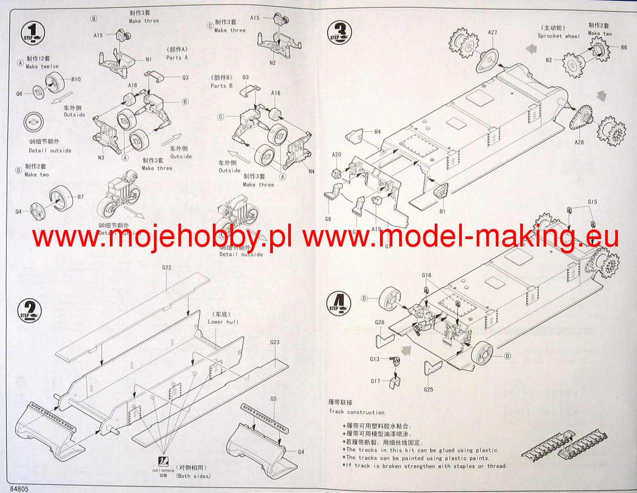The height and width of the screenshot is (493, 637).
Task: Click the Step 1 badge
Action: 32,32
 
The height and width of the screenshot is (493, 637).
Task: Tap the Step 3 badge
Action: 341,31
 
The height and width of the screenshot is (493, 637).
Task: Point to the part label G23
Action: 274,342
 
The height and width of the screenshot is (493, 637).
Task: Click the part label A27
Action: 492,33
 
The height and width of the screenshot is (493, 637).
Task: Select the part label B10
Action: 75,80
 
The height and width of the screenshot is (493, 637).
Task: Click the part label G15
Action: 592,202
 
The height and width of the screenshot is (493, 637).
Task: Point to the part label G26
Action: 379,322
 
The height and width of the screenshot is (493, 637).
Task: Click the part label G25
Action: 429,389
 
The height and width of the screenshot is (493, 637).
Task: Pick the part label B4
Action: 377,131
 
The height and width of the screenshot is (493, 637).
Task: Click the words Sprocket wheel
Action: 558,36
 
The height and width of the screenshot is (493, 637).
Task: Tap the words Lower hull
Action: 223,321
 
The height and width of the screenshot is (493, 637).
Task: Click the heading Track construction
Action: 357,412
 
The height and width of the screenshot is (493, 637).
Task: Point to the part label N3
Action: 101,157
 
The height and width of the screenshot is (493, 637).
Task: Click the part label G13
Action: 375,359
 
